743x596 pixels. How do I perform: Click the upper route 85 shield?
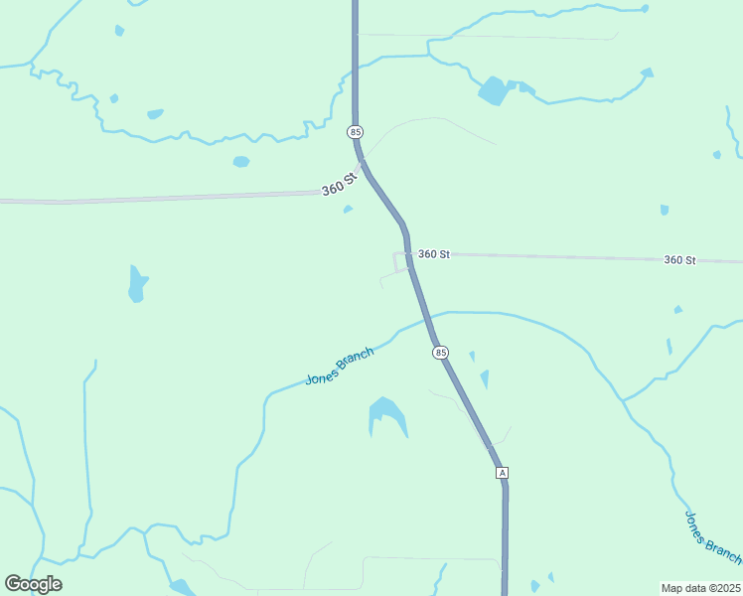coord(357,132)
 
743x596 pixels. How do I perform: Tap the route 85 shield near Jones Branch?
coord(440,353)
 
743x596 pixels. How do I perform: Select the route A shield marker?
coord(503,473)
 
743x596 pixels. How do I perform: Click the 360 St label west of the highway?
coord(339,186)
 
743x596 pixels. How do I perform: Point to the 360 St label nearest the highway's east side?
coord(434,254)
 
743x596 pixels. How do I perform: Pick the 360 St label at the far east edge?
coord(679,260)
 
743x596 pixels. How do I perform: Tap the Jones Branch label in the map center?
coord(340,367)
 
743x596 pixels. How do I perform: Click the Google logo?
coord(33,584)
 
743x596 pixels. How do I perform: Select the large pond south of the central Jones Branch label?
coord(386,414)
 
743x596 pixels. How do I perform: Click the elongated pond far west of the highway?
coord(137,283)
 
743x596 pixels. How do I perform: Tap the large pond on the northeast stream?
coord(493,90)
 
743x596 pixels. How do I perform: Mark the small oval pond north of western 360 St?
coord(241,162)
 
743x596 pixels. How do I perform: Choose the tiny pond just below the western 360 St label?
coord(348,209)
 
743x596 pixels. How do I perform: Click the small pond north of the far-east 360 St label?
coord(665,210)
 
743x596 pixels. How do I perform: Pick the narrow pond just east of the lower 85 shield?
coord(485,378)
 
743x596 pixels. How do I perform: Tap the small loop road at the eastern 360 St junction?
coord(401,262)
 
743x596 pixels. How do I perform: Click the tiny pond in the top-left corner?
coord(119,31)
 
